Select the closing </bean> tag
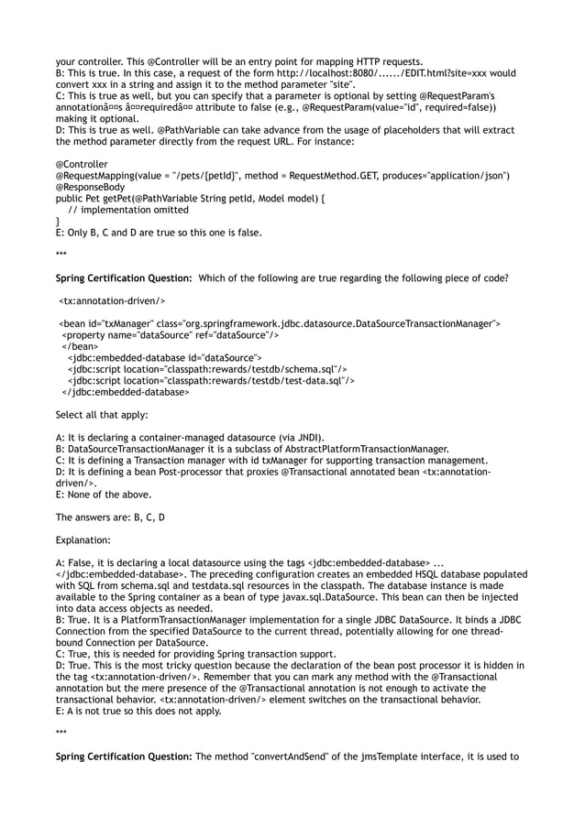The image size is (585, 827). point(80,347)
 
